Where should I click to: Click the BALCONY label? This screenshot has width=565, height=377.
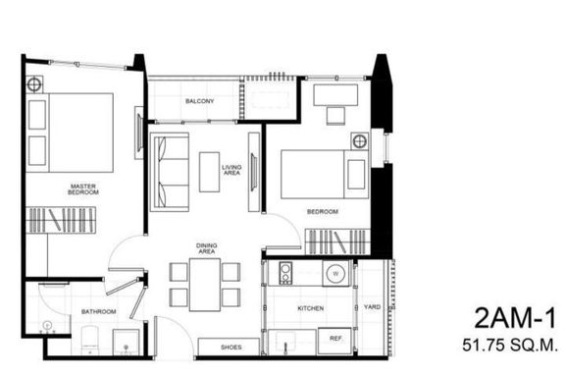click(x=200, y=101)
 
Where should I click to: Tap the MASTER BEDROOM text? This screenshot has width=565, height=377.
click(x=83, y=189)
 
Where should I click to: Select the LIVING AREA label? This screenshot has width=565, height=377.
click(x=231, y=170)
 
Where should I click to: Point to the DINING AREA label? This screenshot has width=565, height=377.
click(x=206, y=248)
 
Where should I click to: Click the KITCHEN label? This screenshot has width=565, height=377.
click(x=311, y=308)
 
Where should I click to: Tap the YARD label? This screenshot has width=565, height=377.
click(x=372, y=307)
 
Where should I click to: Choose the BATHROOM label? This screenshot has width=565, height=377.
click(x=99, y=311)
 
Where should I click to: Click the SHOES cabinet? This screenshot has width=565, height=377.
click(x=229, y=348)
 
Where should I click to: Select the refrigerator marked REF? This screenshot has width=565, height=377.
click(x=334, y=341)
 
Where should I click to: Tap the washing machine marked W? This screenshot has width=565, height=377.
click(x=335, y=274)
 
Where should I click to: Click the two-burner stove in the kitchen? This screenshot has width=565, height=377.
click(x=285, y=273)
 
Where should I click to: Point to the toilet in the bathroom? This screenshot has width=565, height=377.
click(x=89, y=341)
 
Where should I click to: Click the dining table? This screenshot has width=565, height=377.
click(x=205, y=285)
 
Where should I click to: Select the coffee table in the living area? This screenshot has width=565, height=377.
click(x=209, y=172)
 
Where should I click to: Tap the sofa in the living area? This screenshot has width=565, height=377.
click(x=170, y=172)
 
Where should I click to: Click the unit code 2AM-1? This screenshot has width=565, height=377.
click(x=515, y=318)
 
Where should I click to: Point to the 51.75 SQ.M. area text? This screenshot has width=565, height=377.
click(x=510, y=346)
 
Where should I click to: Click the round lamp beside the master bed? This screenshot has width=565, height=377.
click(x=34, y=84)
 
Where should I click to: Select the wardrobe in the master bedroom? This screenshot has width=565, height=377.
click(x=61, y=220)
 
